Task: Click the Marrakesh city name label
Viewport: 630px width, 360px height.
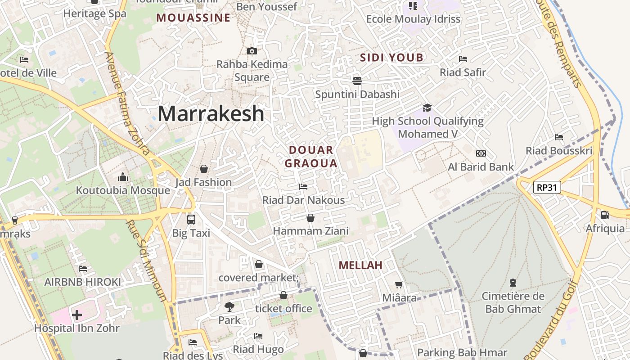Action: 211,114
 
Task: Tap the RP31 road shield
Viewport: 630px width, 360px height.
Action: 547,187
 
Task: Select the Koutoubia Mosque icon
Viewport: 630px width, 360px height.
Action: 123,177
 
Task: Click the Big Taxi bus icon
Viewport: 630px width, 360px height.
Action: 191,220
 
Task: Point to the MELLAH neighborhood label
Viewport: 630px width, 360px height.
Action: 360,265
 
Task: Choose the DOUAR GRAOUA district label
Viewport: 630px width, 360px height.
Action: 311,157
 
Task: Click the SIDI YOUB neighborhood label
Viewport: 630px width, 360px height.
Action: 391,58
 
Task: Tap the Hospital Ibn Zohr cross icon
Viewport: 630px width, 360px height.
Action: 77,315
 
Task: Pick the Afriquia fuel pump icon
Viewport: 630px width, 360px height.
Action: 605,215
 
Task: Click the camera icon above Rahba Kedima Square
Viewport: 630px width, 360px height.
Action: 252,51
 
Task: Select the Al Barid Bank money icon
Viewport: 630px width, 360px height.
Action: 481,153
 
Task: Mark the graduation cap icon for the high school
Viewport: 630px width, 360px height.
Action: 427,108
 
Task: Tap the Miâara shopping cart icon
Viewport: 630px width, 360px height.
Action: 399,284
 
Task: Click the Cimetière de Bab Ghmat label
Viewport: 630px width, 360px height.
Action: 513,302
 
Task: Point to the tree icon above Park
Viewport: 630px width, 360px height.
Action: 229,307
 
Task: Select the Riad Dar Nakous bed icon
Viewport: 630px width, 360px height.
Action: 303,186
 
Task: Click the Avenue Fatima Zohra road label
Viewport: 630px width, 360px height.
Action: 127,103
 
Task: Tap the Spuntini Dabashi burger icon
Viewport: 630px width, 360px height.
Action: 357,81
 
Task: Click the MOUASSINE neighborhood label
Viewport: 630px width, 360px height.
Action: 193,18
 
